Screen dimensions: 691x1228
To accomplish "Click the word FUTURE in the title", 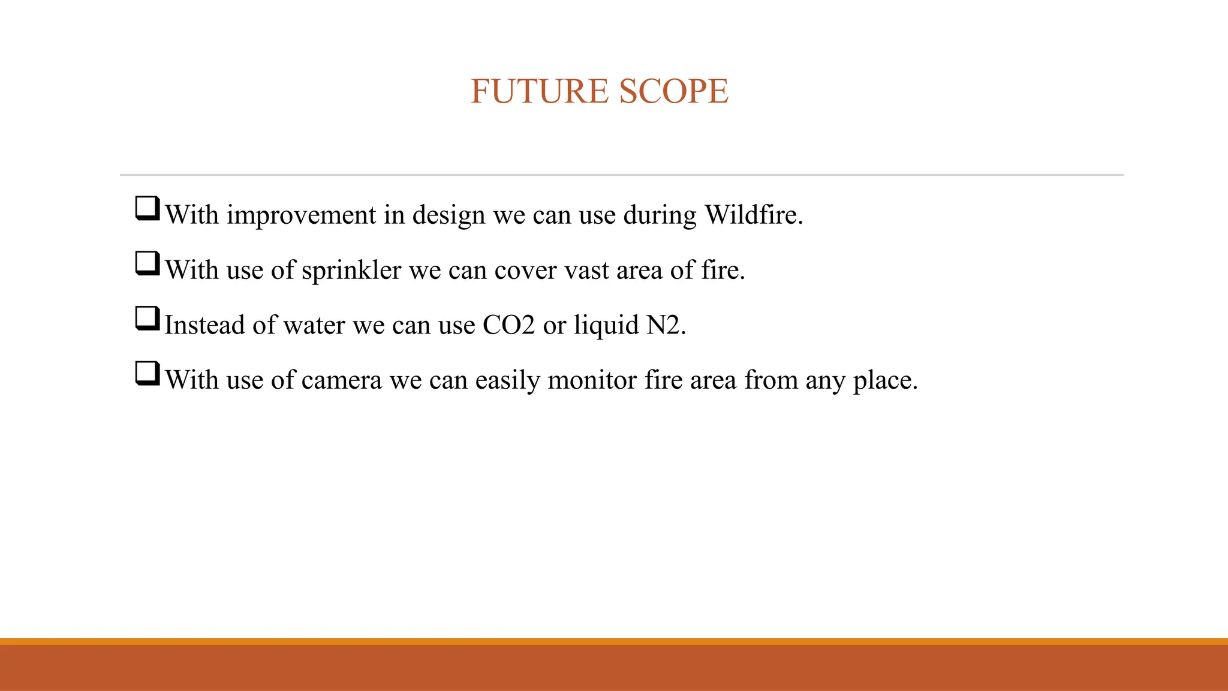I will click(539, 92).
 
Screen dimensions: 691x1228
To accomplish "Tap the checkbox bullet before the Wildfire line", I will click(148, 209).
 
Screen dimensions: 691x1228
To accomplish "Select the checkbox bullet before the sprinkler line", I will click(148, 264).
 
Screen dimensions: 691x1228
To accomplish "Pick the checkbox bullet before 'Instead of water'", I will click(148, 319).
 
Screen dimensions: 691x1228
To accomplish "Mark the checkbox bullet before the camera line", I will click(148, 374).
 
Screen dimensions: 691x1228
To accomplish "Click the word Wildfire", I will click(753, 215).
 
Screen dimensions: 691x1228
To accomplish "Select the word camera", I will click(341, 381).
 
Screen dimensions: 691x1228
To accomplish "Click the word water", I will click(314, 326).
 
